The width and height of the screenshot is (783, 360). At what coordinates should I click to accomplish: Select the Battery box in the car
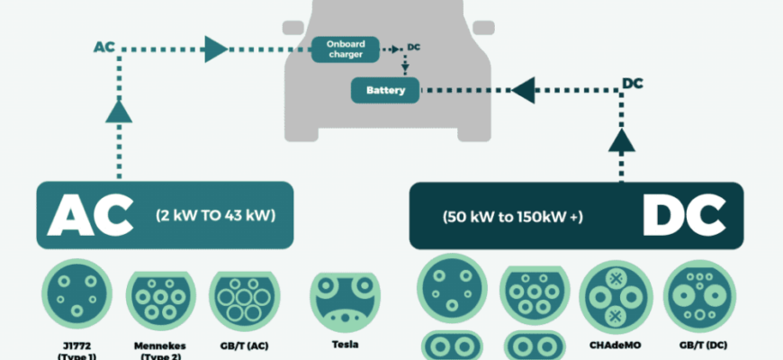click(385, 90)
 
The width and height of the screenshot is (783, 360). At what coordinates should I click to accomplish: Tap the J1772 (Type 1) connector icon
click(75, 296)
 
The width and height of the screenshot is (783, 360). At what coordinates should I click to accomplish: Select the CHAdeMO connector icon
click(615, 298)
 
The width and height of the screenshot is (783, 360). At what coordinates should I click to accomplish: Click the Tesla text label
click(345, 345)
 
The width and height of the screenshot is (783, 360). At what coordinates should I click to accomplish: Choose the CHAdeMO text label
click(615, 345)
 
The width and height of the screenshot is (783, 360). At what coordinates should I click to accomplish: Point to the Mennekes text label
click(159, 345)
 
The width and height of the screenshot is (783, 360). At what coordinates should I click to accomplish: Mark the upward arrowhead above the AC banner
click(117, 112)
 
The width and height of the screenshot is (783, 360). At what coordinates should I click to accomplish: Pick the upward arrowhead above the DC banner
click(619, 139)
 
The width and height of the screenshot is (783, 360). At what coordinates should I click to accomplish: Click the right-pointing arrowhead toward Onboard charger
click(216, 49)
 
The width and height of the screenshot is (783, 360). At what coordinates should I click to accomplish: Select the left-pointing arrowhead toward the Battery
click(525, 90)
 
